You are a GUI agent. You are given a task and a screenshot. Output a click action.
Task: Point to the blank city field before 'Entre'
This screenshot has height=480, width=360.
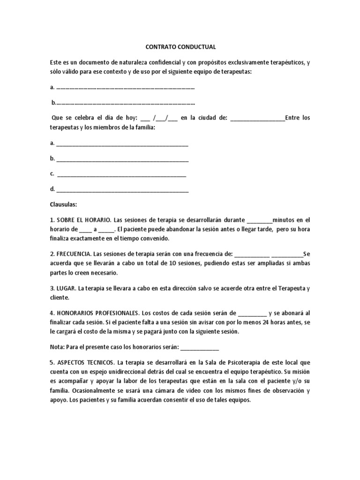pos(257,118)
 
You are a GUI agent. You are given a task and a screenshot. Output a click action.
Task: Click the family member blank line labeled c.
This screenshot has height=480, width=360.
pos(121,174)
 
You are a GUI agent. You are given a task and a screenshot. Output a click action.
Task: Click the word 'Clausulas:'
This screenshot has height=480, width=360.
pos(64,204)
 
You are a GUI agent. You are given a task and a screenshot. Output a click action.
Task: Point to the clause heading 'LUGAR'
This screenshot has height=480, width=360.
pos(65,288)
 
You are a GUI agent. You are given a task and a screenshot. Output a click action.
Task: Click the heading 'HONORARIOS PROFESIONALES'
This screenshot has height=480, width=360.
pos(96,313)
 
